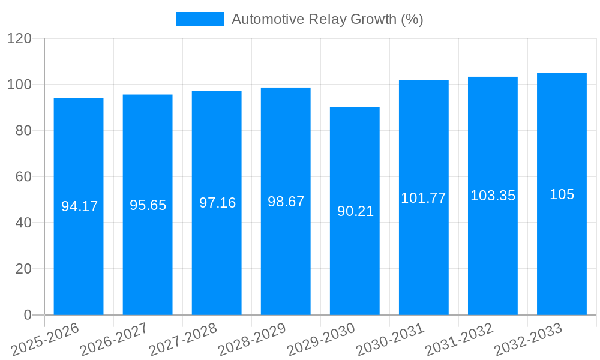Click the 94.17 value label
pyautogui.click(x=79, y=206)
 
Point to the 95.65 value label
pyautogui.click(x=148, y=205)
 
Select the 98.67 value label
pyautogui.click(x=286, y=202)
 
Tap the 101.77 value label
pyautogui.click(x=424, y=198)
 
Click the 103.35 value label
pyautogui.click(x=493, y=196)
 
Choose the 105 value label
pyautogui.click(x=562, y=194)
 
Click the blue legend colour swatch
pyautogui.click(x=200, y=19)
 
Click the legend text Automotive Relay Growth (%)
pyautogui.click(x=327, y=19)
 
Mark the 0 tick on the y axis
pyautogui.click(x=27, y=315)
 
